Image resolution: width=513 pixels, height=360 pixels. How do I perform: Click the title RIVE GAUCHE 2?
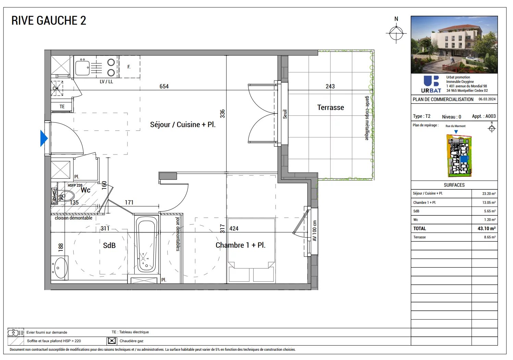[x=49, y=21]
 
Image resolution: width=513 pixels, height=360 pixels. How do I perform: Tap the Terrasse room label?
[x=330, y=108]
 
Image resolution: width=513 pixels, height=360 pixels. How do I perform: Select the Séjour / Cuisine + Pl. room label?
[x=183, y=125]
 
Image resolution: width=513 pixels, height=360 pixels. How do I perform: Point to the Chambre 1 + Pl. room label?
[x=240, y=245]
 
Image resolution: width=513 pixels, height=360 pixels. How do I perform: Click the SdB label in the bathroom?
[x=109, y=246]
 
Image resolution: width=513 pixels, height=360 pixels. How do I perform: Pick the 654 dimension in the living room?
[x=164, y=86]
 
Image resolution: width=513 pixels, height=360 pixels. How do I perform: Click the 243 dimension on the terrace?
[x=330, y=86]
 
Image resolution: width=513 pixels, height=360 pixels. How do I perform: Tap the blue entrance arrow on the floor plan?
[x=44, y=138]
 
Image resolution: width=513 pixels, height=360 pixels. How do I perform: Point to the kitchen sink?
[x=82, y=68]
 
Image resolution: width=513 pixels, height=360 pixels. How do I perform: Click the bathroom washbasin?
[x=61, y=268]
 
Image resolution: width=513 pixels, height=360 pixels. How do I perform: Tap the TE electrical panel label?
[x=62, y=107]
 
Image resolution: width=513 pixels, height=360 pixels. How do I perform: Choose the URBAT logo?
[x=431, y=84]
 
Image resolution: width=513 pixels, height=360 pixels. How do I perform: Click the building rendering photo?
[x=454, y=45]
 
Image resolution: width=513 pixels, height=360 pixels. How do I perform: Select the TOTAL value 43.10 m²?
[x=486, y=228]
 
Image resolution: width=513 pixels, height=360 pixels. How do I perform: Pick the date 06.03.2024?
[x=487, y=99]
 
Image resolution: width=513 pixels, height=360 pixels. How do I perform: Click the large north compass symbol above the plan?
[x=396, y=33]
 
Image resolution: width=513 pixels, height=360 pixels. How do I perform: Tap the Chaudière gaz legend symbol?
[x=111, y=341]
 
